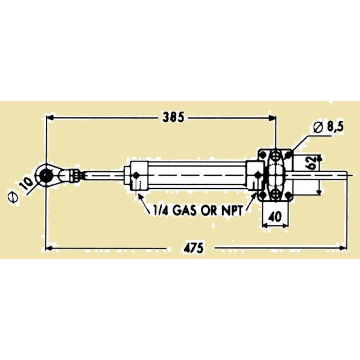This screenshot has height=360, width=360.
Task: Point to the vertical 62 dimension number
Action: [311, 164]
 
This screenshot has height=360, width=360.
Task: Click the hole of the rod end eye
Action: [47, 175]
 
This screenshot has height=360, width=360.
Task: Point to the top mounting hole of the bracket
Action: [276, 155]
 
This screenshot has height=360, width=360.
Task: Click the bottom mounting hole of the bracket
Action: [276, 194]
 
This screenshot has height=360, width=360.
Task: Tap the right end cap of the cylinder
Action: [254, 176]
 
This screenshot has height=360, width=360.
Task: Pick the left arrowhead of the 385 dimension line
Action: [50, 118]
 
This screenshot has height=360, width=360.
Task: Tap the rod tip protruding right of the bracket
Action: [329, 176]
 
